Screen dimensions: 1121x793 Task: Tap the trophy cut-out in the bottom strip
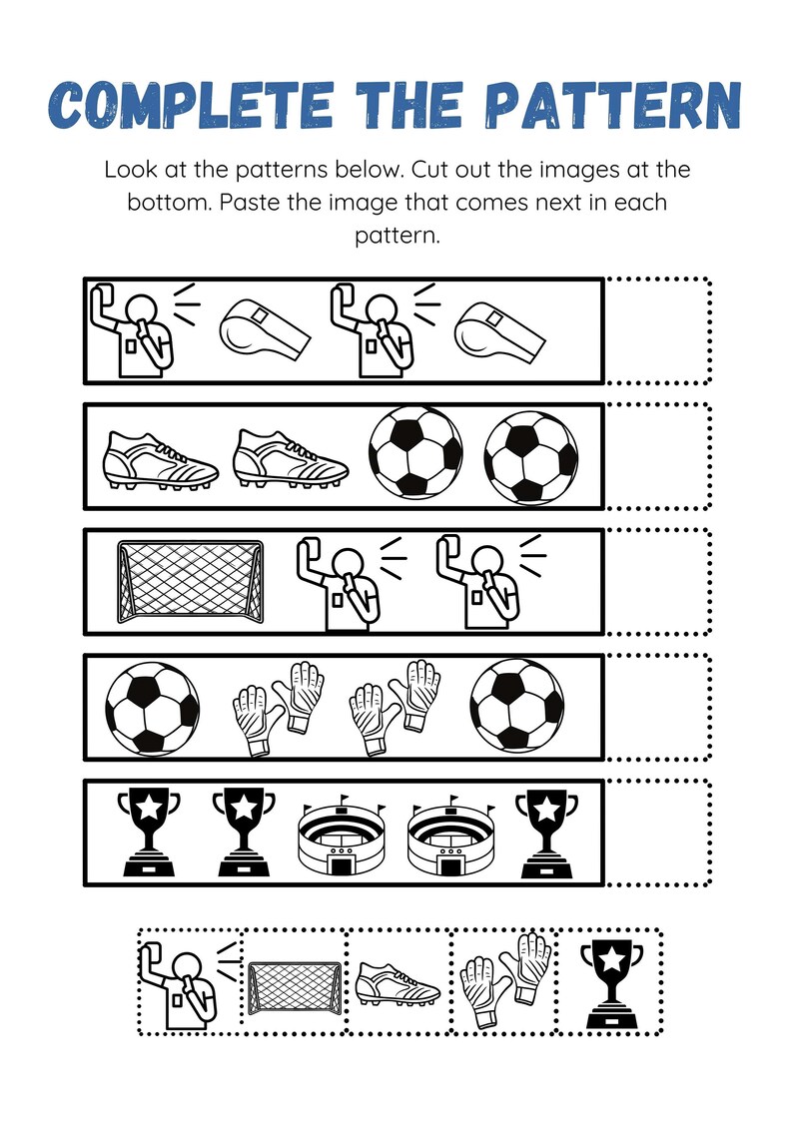[x=609, y=982]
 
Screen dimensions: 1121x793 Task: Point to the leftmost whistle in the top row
[x=263, y=331]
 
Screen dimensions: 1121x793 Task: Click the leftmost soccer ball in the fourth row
[x=153, y=709]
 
